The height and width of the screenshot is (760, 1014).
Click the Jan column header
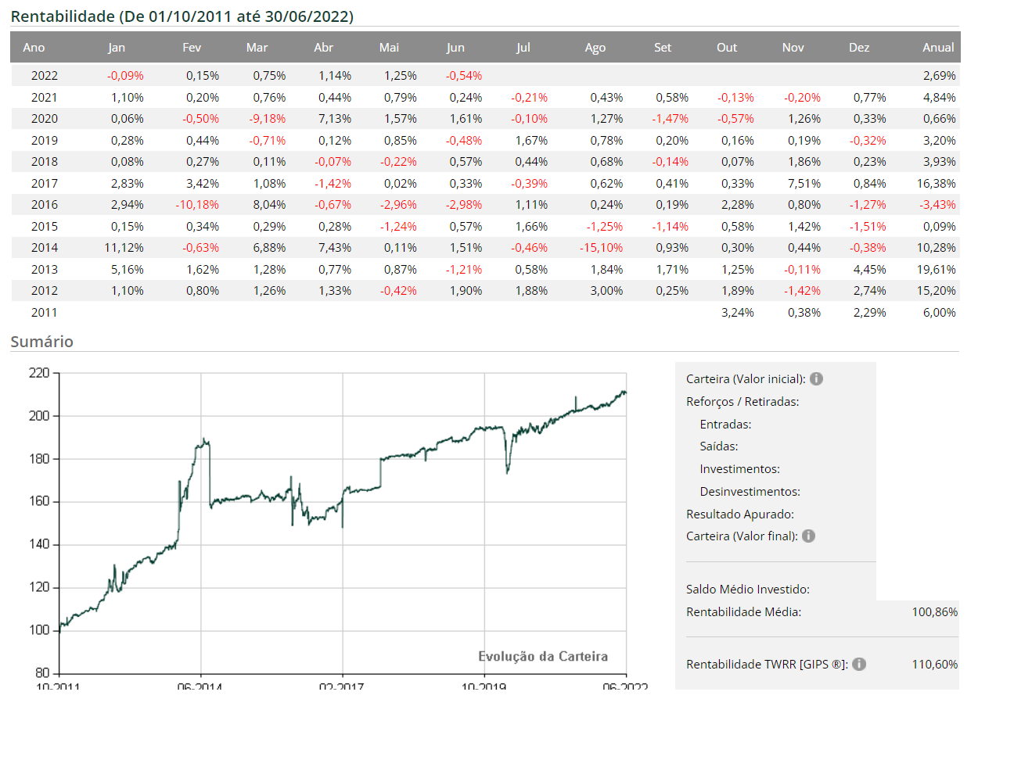click(117, 48)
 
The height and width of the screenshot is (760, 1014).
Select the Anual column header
click(938, 48)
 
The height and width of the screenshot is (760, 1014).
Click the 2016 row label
click(45, 205)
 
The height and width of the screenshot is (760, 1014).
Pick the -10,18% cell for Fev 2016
click(197, 205)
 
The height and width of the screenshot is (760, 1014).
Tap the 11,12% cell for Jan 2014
click(124, 248)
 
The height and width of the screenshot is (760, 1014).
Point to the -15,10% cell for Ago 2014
click(601, 248)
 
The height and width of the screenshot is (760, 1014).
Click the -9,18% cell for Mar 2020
click(268, 119)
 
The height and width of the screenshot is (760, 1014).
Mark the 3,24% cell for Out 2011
click(738, 313)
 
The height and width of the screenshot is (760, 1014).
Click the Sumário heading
click(41, 342)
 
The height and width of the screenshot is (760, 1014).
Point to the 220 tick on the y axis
click(39, 373)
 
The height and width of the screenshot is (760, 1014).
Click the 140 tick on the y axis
click(39, 544)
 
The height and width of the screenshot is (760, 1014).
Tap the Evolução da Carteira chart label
click(543, 657)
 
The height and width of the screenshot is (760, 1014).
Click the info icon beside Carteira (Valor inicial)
click(816, 379)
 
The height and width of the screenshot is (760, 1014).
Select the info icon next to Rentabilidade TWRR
click(859, 665)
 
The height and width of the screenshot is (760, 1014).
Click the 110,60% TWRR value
click(934, 665)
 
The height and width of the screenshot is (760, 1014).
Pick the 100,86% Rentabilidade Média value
click(934, 612)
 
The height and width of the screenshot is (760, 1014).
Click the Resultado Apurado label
click(739, 514)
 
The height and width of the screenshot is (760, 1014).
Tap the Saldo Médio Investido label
click(747, 590)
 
